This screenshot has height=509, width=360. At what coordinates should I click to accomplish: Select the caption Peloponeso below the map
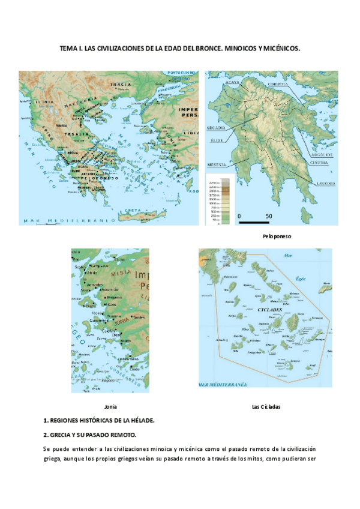277,236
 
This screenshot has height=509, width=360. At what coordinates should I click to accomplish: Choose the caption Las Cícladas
266,406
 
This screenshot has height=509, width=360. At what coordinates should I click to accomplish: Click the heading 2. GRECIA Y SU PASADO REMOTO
90,434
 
